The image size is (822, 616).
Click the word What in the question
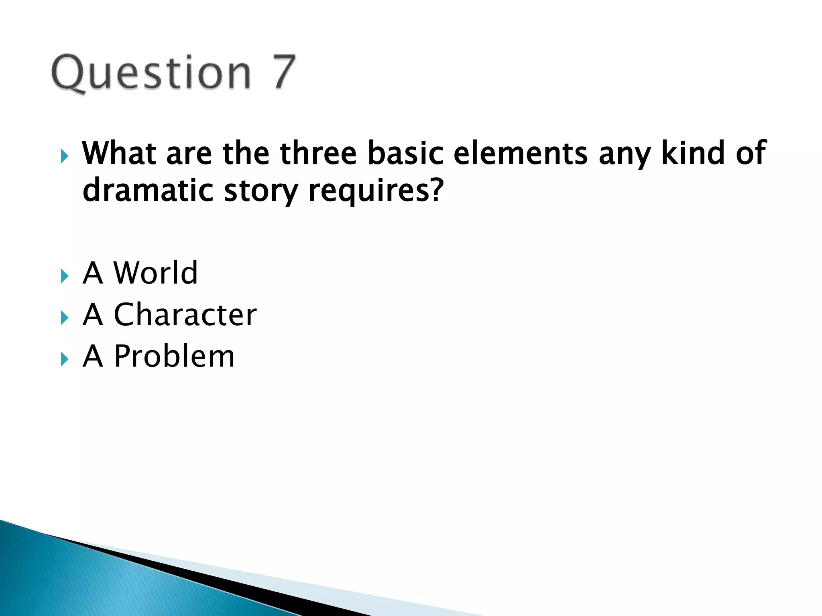[x=119, y=153]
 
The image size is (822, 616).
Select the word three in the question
[x=318, y=153]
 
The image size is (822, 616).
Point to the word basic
[x=405, y=153]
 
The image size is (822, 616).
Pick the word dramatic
[x=148, y=190]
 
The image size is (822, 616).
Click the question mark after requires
[x=436, y=190]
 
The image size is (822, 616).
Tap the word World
[x=156, y=273]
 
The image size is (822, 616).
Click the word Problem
[x=174, y=356]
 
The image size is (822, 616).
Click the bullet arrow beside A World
[x=64, y=276]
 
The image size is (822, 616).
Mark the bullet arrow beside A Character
[x=64, y=318]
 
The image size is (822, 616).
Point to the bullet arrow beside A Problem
[x=64, y=359]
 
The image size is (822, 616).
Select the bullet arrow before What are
[x=64, y=156]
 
